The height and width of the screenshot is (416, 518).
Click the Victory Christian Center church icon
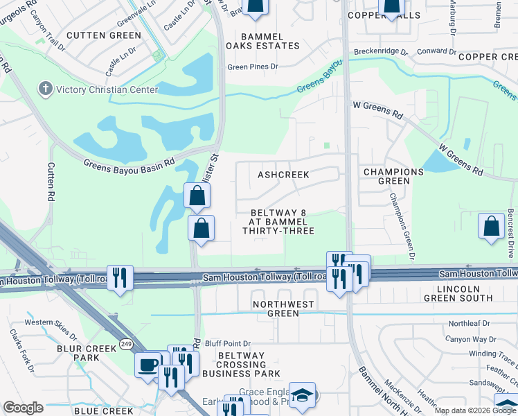coord(45,89)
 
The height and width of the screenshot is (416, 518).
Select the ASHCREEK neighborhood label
coord(283,175)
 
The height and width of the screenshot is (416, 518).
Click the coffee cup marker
coord(148,365)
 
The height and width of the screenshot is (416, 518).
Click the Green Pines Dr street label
coord(253,67)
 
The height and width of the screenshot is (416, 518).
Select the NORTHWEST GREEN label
coord(284,309)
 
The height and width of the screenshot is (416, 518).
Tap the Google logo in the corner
coord(23,407)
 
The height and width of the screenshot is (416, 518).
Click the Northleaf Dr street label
coord(469,324)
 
